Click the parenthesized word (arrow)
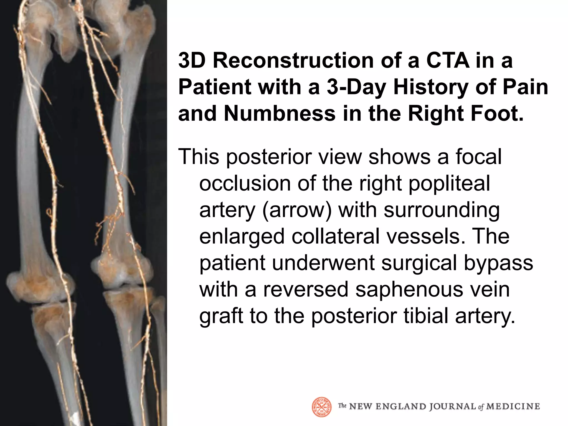tap(296, 210)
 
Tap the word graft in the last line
tap(221, 316)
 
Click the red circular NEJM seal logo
tap(322, 407)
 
